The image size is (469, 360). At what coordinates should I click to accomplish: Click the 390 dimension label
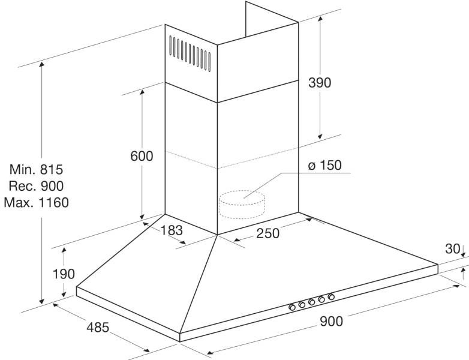coord(320,83)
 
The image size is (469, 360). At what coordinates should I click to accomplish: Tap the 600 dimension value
coord(142,156)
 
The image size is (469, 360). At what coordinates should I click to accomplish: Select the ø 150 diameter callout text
coord(324,165)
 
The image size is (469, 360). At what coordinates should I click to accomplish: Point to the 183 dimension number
coord(170,229)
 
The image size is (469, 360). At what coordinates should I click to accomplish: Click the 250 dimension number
coord(267,233)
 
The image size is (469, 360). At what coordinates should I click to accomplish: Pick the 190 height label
coord(63,274)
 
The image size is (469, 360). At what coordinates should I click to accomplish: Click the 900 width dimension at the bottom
coord(331,321)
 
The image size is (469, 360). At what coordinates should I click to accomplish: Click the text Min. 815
coord(36,170)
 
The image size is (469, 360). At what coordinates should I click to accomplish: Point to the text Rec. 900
coord(36,186)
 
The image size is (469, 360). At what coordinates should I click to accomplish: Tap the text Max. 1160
coord(36,202)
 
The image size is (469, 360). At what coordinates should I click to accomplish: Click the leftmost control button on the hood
coord(292,308)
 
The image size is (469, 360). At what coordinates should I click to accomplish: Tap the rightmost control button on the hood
coord(330,297)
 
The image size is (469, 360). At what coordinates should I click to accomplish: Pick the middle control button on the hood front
coord(312,302)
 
